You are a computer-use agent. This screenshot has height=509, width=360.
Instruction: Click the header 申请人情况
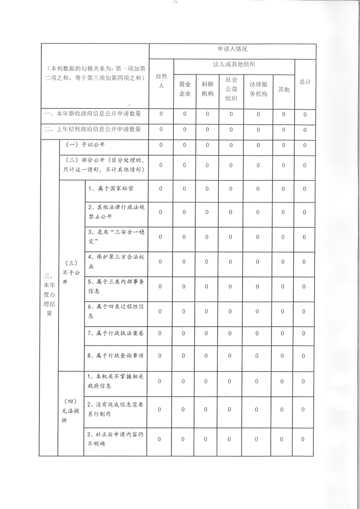point(232,49)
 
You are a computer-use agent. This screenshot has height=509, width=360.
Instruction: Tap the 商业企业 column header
point(185,89)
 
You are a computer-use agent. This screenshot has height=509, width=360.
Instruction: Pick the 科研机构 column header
point(207,89)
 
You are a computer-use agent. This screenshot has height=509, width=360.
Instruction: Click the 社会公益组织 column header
point(231,89)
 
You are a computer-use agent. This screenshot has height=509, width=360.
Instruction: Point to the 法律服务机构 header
point(258,89)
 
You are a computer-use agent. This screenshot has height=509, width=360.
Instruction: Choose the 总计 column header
point(305,82)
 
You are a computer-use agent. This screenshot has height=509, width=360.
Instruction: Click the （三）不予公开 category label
point(70,272)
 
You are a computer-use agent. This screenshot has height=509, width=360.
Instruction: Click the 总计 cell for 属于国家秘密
point(305,188)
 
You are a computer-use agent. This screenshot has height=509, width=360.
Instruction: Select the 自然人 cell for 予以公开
point(161,145)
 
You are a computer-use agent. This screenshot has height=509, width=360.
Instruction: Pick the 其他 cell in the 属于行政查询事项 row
point(283,355)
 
